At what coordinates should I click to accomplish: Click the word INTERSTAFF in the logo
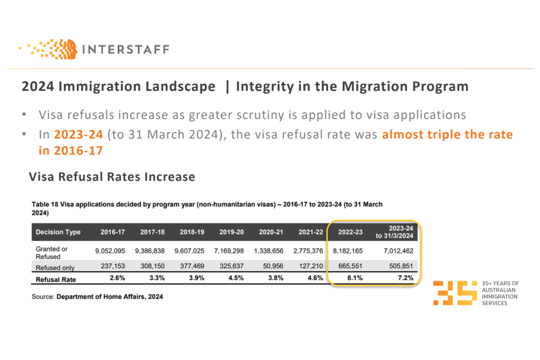(x=125, y=49)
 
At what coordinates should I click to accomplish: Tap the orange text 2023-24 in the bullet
(x=78, y=134)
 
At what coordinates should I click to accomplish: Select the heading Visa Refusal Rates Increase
(x=112, y=177)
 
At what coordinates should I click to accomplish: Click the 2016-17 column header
(x=112, y=232)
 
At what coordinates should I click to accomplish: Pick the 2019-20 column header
(x=231, y=232)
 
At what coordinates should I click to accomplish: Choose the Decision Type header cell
(x=58, y=232)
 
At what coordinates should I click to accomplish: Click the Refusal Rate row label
(x=56, y=279)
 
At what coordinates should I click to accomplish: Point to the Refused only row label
(x=55, y=267)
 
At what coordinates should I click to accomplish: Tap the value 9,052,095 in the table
(x=110, y=251)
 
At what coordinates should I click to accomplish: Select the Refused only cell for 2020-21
(x=273, y=266)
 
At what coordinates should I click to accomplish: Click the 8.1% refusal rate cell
(x=355, y=278)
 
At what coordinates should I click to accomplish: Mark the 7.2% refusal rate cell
(x=405, y=278)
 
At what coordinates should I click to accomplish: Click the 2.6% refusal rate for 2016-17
(x=117, y=278)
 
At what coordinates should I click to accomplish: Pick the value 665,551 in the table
(x=350, y=266)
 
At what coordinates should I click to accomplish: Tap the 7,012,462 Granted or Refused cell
(x=398, y=251)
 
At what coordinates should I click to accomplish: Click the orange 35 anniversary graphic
(x=455, y=293)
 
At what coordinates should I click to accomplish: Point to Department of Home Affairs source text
(x=110, y=297)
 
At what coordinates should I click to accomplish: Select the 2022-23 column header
(x=350, y=232)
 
